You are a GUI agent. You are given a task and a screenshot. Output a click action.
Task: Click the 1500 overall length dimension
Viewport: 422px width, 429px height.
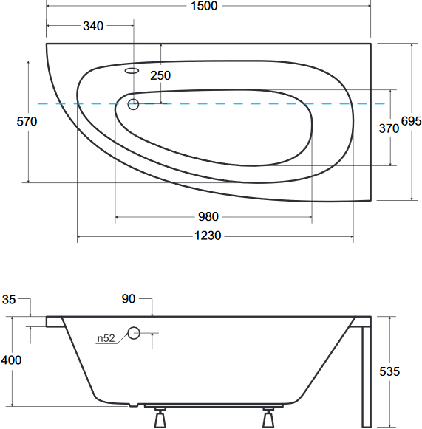(204, 6)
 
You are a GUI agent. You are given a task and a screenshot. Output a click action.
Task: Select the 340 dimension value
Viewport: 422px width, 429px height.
(93, 26)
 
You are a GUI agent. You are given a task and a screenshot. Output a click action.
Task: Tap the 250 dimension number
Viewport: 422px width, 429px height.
(160, 75)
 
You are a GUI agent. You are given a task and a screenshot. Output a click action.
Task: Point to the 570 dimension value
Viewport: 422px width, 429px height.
(27, 122)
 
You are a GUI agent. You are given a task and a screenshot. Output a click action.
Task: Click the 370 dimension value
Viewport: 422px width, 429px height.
(389, 128)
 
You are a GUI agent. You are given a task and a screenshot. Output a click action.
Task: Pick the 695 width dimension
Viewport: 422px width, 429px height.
(412, 121)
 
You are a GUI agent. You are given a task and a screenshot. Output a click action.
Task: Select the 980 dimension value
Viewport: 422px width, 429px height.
(208, 216)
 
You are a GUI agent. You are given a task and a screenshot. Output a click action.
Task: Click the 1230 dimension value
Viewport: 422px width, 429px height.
(208, 236)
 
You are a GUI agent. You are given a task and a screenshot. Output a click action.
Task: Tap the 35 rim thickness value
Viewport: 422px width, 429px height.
(9, 300)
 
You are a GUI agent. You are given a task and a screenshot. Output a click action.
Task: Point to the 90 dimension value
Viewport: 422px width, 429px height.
(129, 299)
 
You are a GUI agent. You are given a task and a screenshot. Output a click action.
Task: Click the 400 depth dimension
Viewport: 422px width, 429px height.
(11, 360)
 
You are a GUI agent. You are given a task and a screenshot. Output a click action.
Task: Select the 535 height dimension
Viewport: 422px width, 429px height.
(389, 371)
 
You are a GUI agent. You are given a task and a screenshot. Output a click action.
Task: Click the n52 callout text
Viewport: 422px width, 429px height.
(106, 338)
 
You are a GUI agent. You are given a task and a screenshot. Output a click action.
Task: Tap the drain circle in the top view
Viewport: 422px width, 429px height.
(133, 104)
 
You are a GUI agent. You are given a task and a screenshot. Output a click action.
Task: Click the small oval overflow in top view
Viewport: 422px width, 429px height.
(132, 71)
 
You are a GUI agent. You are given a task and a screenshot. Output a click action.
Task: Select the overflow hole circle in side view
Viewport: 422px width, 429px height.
(134, 333)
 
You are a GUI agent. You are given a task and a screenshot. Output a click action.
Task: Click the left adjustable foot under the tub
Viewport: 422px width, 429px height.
(160, 418)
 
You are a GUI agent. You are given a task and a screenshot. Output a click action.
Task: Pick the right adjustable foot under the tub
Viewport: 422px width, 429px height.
(268, 418)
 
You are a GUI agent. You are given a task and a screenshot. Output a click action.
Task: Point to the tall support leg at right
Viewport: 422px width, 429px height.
(367, 376)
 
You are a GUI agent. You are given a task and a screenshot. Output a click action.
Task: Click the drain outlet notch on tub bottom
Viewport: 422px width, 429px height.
(133, 405)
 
